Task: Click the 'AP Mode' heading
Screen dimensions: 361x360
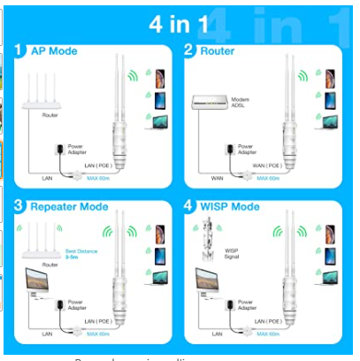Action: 56,50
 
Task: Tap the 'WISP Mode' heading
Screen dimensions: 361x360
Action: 234,207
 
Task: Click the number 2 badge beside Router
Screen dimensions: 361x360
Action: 188,50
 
